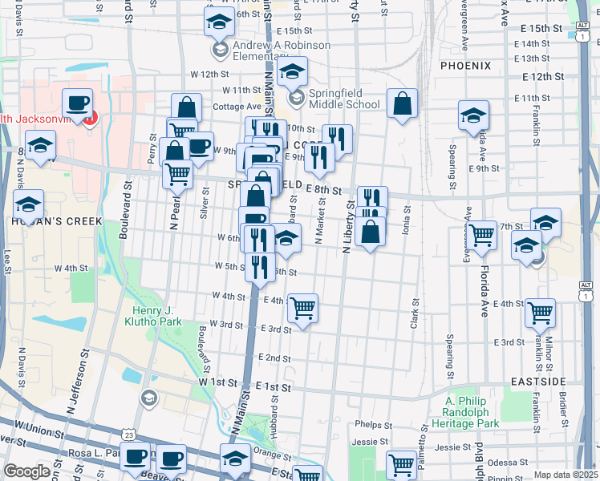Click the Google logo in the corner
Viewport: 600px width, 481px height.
tap(26, 471)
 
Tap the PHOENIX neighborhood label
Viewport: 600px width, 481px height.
tap(464, 65)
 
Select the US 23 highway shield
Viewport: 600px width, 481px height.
tap(130, 435)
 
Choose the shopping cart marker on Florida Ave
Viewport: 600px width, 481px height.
tap(481, 235)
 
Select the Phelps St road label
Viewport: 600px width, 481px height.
tap(371, 424)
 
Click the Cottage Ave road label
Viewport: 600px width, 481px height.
tap(237, 106)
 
